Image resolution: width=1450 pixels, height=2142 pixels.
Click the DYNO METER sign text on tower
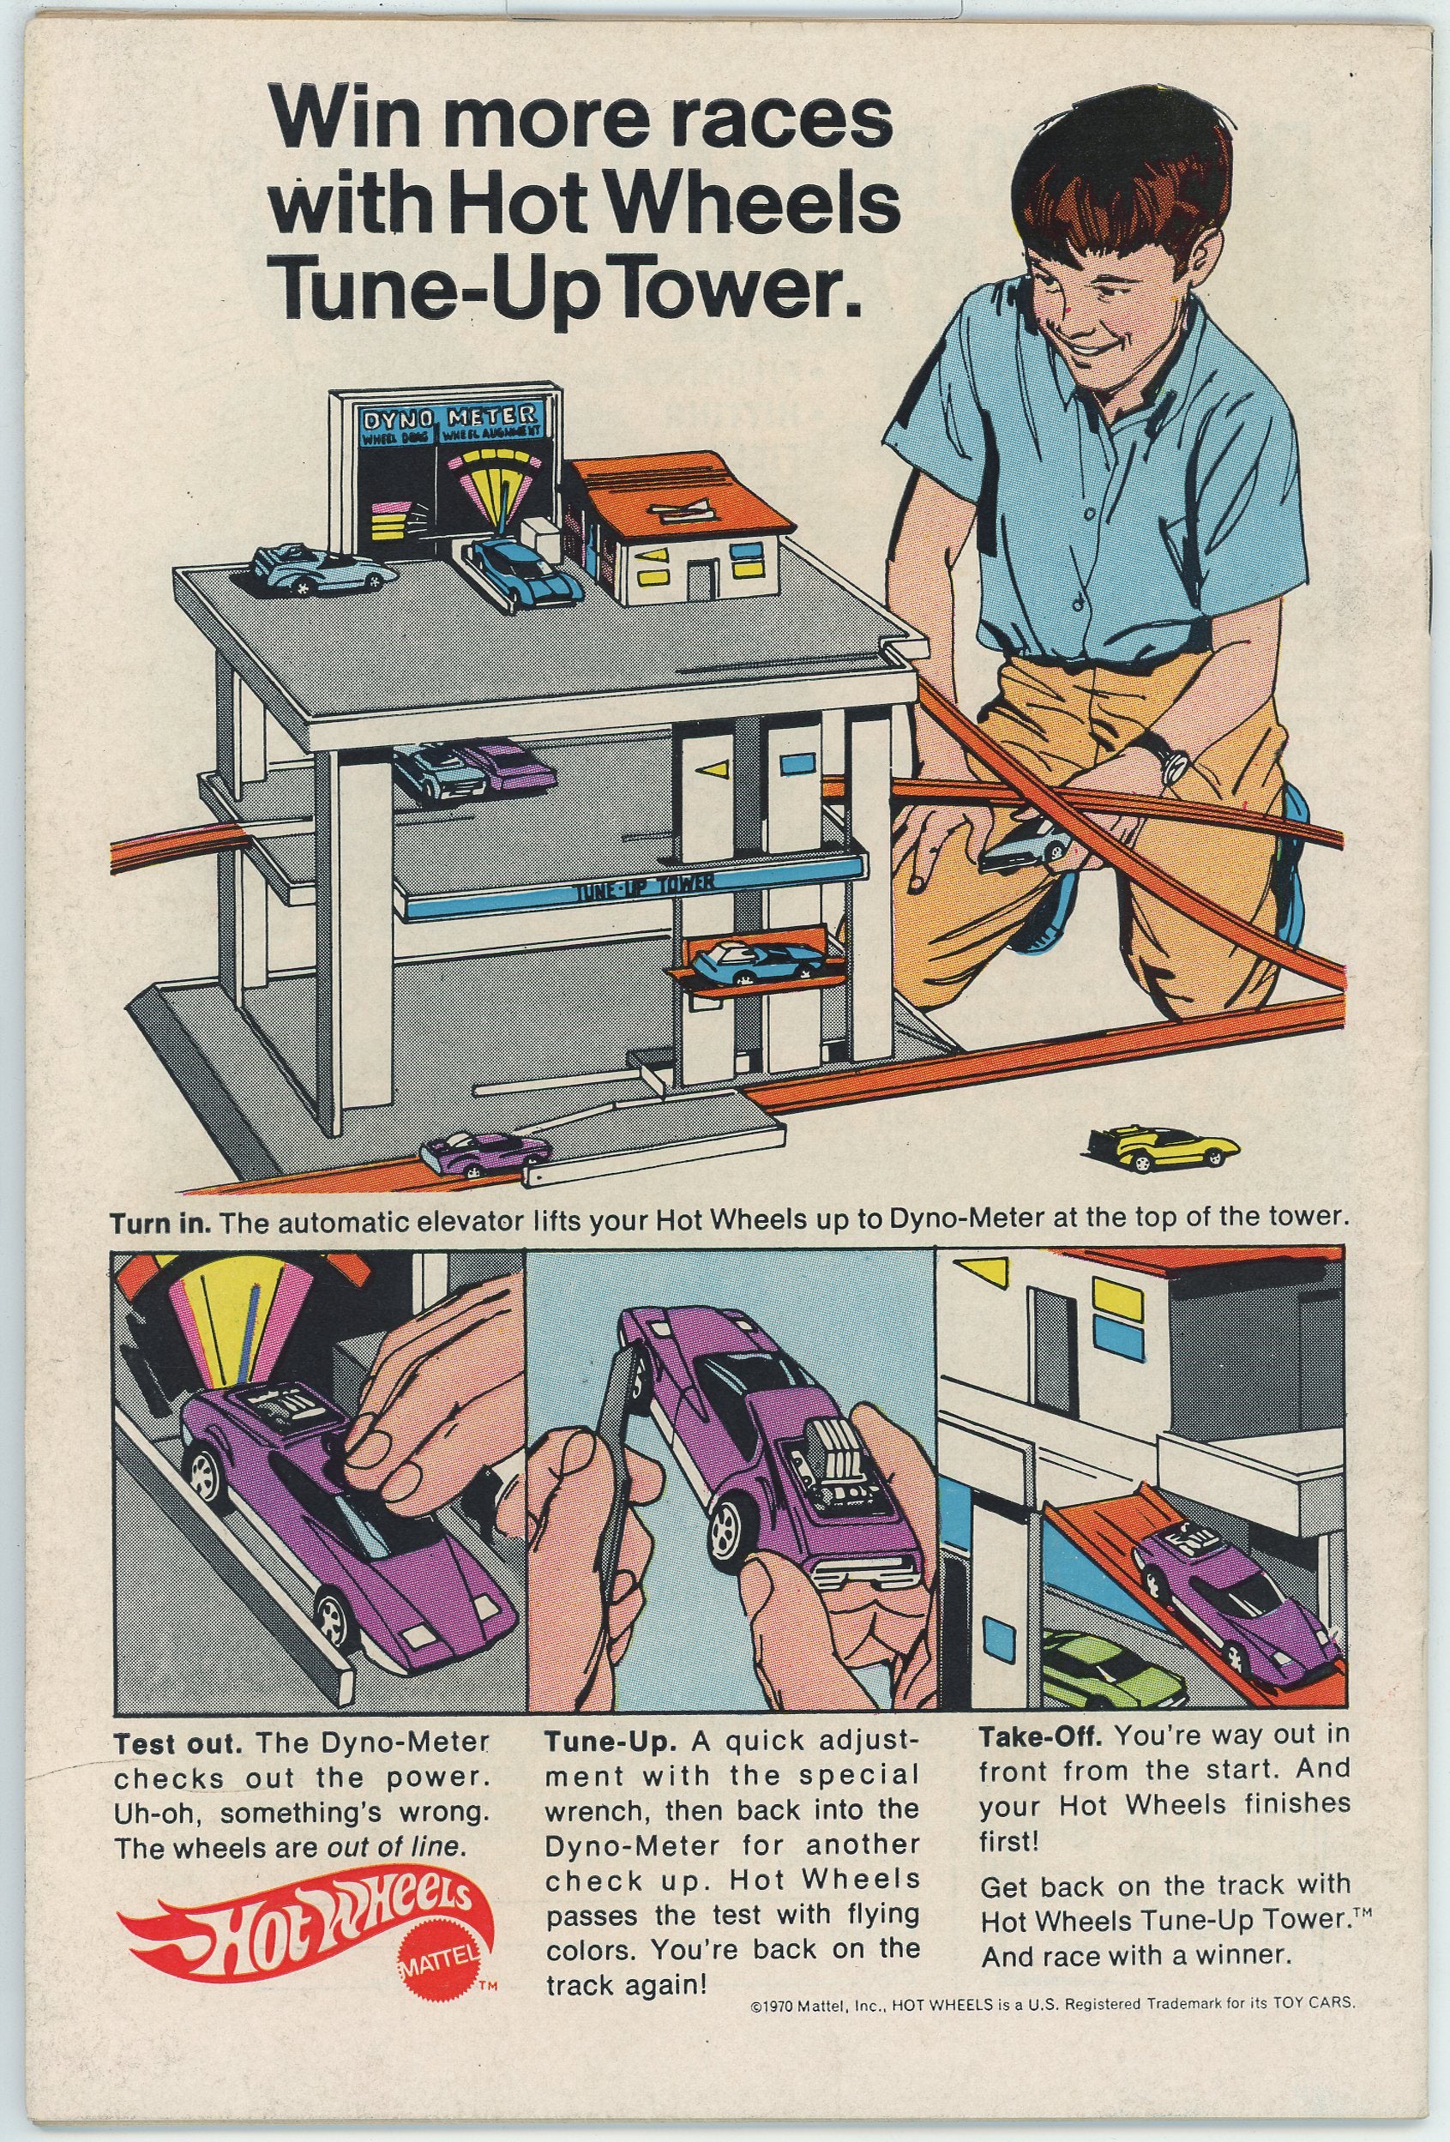[x=448, y=417]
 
